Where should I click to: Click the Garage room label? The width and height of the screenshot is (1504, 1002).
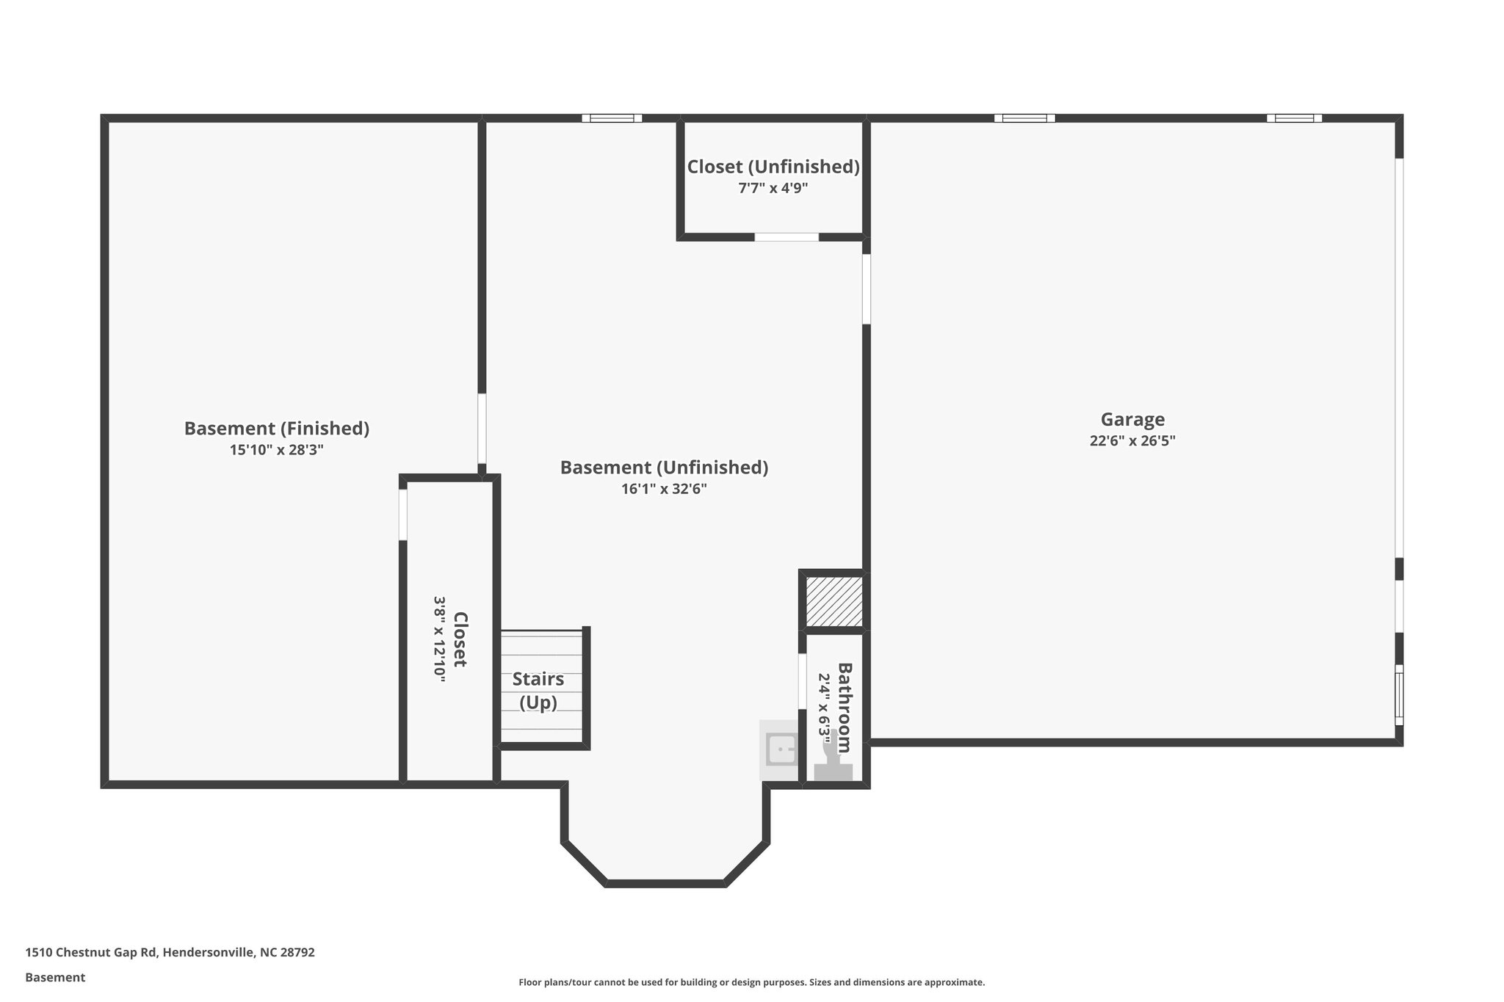pyautogui.click(x=1132, y=419)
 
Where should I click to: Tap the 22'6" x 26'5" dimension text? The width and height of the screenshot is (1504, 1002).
pyautogui.click(x=1132, y=441)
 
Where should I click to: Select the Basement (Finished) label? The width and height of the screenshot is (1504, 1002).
pyautogui.click(x=276, y=428)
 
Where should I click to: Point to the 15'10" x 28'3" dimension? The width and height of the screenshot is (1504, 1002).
pyautogui.click(x=276, y=450)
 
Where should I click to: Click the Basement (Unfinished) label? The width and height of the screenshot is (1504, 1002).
pyautogui.click(x=664, y=467)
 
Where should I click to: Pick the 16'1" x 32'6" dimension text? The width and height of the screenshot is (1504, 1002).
pyautogui.click(x=664, y=489)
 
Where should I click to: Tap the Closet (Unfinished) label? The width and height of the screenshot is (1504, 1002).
pyautogui.click(x=773, y=167)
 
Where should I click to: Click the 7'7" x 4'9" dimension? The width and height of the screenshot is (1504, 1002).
pyautogui.click(x=773, y=188)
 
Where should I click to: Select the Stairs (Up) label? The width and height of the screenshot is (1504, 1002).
pyautogui.click(x=538, y=690)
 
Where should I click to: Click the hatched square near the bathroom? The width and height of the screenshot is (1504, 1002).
pyautogui.click(x=834, y=601)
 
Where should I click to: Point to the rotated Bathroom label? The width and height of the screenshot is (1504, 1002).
pyautogui.click(x=845, y=707)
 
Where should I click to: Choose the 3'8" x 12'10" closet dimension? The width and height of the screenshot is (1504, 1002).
pyautogui.click(x=439, y=639)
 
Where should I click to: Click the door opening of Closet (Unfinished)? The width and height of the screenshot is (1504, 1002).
pyautogui.click(x=787, y=237)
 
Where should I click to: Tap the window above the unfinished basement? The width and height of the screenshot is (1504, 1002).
pyautogui.click(x=612, y=118)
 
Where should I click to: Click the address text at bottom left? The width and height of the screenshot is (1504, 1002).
pyautogui.click(x=170, y=953)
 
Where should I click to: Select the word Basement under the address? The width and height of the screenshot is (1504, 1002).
pyautogui.click(x=55, y=978)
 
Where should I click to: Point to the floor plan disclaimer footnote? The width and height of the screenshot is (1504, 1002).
pyautogui.click(x=751, y=982)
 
